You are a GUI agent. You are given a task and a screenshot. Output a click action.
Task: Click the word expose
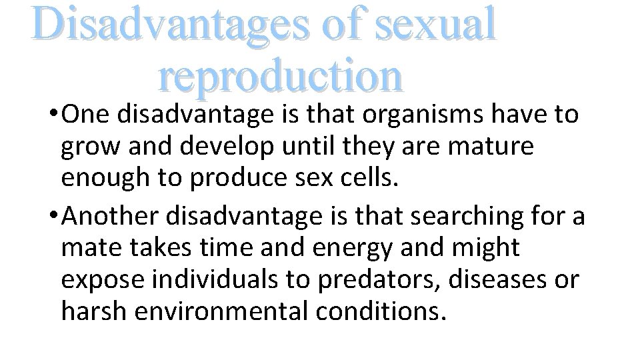[x=101, y=281]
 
